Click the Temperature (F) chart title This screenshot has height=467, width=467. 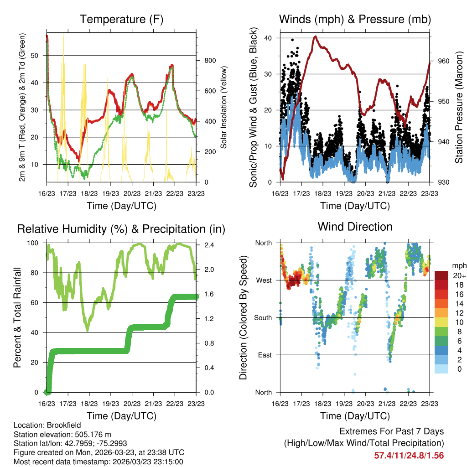click(121, 19)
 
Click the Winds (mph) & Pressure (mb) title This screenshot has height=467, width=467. click(355, 19)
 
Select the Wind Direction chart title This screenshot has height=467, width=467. click(355, 226)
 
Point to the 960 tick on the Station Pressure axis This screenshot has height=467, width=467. click(444, 61)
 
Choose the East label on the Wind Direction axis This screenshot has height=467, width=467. click(264, 355)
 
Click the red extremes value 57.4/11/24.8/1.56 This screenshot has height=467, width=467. click(409, 455)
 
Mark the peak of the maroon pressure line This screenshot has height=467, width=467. click(315, 36)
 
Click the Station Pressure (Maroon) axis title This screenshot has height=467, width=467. click(459, 107)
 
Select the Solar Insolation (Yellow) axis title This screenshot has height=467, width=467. click(223, 107)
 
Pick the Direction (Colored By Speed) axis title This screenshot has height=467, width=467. click(243, 317)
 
